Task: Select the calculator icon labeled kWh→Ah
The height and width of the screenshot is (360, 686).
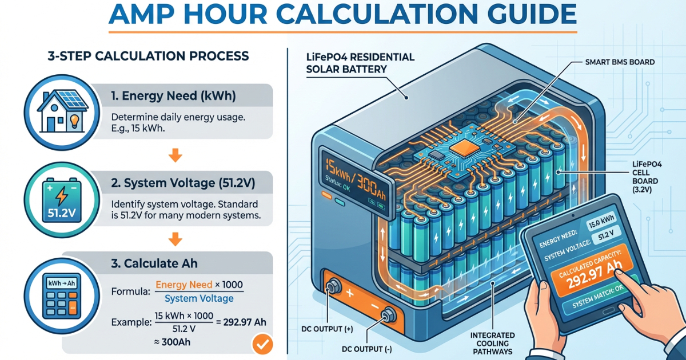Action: point(62,296)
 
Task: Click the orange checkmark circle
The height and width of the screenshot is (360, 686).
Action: point(262,344)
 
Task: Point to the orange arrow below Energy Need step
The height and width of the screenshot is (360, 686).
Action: point(175,155)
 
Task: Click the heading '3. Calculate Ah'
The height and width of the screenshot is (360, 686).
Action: point(154,263)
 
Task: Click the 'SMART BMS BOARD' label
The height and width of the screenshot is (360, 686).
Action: point(620,62)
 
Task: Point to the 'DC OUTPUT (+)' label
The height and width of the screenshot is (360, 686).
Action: point(327,329)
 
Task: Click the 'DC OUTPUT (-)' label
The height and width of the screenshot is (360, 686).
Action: point(366,349)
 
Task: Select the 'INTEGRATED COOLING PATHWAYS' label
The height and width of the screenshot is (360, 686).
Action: point(492,343)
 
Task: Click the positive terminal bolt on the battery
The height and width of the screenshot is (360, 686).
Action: point(333,287)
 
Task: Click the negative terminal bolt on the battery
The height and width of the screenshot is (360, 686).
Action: point(388,315)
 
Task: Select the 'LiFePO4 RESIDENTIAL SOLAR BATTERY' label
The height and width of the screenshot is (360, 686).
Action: point(360,63)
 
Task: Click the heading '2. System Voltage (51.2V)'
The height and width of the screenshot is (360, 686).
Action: point(183,183)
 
